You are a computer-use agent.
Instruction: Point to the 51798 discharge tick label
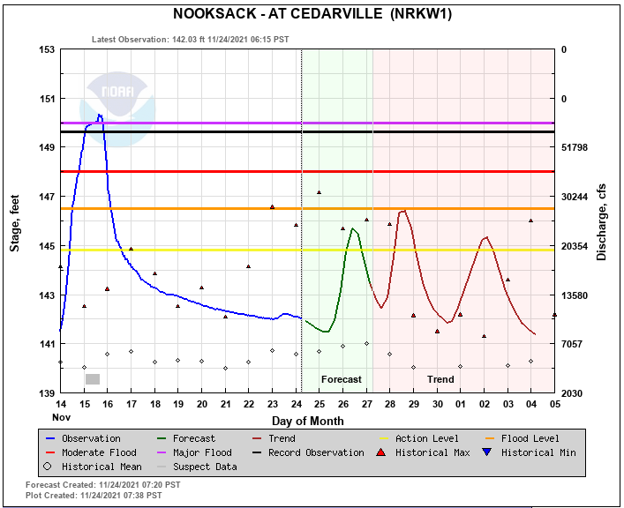pyautogui.click(x=580, y=147)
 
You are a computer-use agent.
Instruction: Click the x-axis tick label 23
pyautogui.click(x=273, y=404)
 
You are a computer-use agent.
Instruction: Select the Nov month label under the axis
pyautogui.click(x=60, y=416)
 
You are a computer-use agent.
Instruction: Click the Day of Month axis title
pyautogui.click(x=307, y=421)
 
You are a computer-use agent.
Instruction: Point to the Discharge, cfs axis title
pyautogui.click(x=602, y=221)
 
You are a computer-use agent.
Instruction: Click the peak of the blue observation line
pyautogui.click(x=100, y=115)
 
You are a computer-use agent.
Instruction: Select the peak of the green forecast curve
pyautogui.click(x=353, y=228)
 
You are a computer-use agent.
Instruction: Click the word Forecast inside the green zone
pyautogui.click(x=341, y=379)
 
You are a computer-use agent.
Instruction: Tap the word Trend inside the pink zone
pyautogui.click(x=440, y=379)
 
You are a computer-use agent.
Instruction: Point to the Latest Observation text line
pyautogui.click(x=190, y=39)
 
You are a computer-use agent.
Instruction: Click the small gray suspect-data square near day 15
pyautogui.click(x=93, y=378)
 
